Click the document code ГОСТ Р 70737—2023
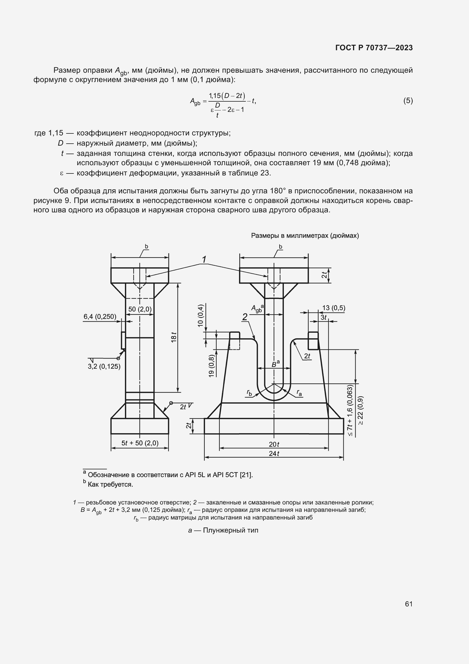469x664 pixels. point(374,48)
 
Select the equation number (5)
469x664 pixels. point(408,101)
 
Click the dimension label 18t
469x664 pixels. point(174,338)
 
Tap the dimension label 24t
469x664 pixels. point(274,454)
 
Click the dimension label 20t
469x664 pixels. point(274,444)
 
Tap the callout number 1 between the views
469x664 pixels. point(204,259)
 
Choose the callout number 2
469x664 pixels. point(245,317)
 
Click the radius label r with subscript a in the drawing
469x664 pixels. point(299,392)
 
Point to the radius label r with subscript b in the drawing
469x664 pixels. point(249,392)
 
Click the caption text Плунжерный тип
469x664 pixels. point(231,530)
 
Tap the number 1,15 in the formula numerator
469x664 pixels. point(215,95)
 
